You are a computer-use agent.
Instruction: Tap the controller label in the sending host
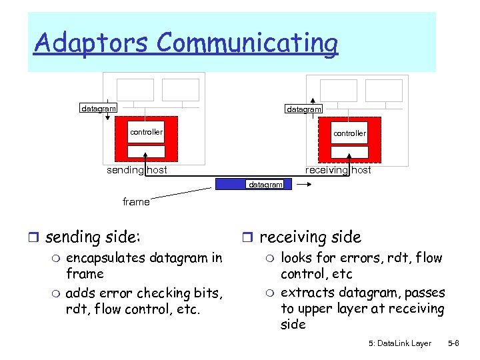pyautogui.click(x=146, y=132)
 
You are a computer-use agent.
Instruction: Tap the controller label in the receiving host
pyautogui.click(x=350, y=133)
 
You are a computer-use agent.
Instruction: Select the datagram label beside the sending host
pyautogui.click(x=99, y=107)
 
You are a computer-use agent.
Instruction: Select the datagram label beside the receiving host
pyautogui.click(x=304, y=109)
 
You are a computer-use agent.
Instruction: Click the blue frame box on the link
pyautogui.click(x=254, y=184)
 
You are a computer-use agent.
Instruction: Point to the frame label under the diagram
pyautogui.click(x=136, y=201)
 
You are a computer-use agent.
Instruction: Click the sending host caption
pyautogui.click(x=137, y=170)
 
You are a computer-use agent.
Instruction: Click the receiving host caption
pyautogui.click(x=338, y=170)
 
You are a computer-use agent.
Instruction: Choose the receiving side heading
pyautogui.click(x=310, y=237)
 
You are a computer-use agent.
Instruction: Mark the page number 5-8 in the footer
pyautogui.click(x=453, y=343)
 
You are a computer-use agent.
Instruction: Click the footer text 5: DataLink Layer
pyautogui.click(x=399, y=343)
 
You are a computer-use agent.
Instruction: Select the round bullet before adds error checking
pyautogui.click(x=57, y=293)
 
